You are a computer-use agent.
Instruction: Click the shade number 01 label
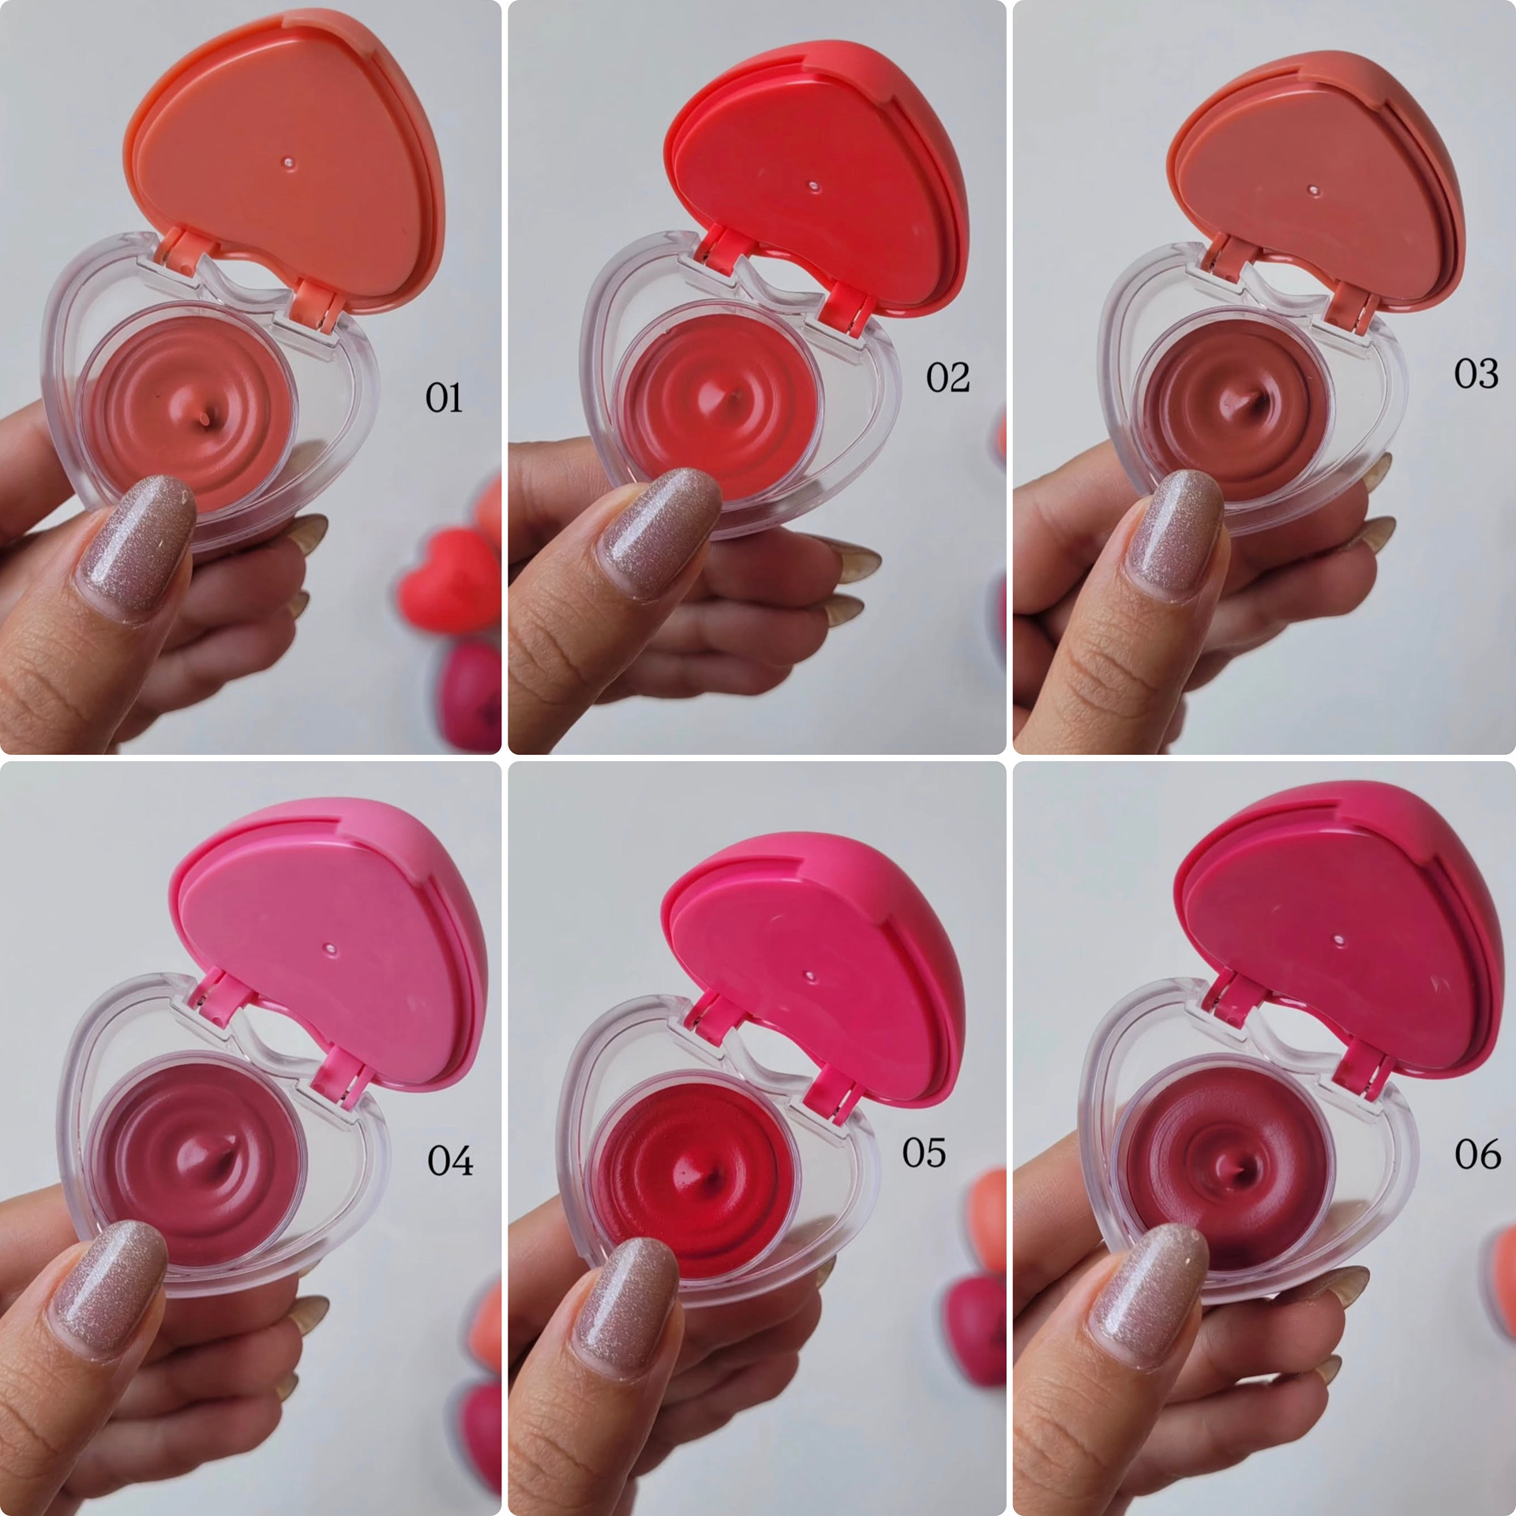pyautogui.click(x=444, y=397)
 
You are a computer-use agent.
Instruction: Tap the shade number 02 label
pyautogui.click(x=947, y=377)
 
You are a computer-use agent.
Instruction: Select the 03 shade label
pyautogui.click(x=1476, y=373)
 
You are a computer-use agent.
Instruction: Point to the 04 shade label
pyautogui.click(x=450, y=1161)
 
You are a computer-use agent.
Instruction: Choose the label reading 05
pyautogui.click(x=924, y=1153)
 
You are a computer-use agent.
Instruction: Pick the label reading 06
pyautogui.click(x=1477, y=1154)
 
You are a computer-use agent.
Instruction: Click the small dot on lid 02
pyautogui.click(x=813, y=186)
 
